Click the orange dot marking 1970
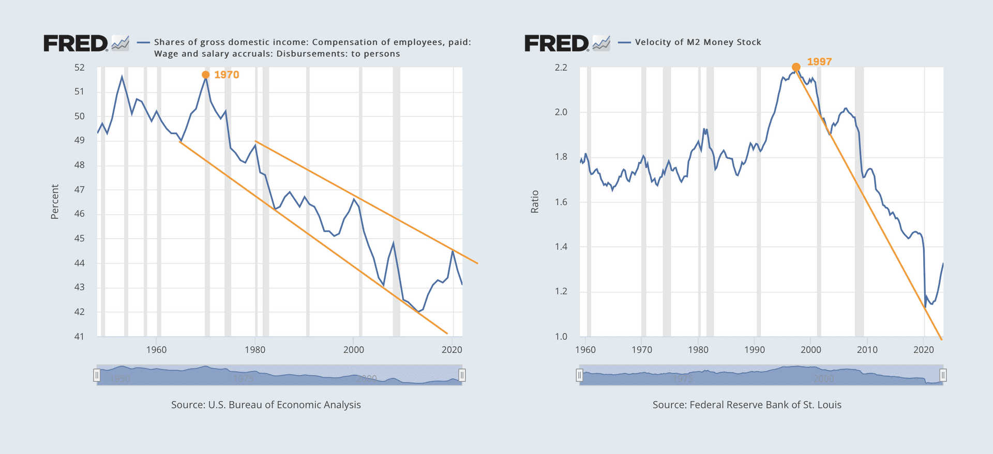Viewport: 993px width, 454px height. click(205, 75)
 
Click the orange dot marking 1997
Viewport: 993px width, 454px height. click(796, 67)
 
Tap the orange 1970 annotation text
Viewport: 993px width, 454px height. click(227, 75)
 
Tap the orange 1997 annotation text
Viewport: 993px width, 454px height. click(819, 62)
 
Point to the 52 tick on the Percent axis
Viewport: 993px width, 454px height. click(79, 67)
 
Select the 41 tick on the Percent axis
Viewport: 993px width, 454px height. click(79, 336)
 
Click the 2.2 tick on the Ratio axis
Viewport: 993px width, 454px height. click(561, 67)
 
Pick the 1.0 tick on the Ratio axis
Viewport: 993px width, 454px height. click(561, 336)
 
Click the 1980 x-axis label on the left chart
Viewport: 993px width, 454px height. click(255, 350)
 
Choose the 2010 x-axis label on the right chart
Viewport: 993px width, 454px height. click(867, 350)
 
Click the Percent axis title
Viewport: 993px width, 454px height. click(55, 202)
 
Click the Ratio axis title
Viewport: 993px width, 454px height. click(535, 202)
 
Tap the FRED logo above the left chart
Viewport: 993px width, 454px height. click(76, 43)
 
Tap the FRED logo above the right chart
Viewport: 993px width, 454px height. click(556, 43)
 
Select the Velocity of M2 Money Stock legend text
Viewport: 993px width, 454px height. click(698, 42)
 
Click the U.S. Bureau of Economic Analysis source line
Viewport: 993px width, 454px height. click(266, 405)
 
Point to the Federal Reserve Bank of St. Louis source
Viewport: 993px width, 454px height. click(747, 405)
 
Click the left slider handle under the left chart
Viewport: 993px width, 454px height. click(97, 375)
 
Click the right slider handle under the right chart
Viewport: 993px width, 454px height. click(943, 375)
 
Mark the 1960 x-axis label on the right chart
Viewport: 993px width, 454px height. click(585, 350)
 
